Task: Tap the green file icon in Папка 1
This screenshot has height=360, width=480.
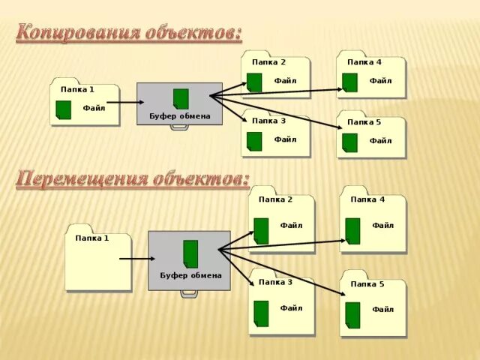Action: point(64,109)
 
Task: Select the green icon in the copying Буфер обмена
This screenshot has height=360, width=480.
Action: point(181,99)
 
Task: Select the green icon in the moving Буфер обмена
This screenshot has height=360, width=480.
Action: point(190,253)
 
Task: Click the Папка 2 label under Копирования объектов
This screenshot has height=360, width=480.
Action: point(268,62)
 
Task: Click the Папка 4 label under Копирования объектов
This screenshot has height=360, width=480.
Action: point(364,62)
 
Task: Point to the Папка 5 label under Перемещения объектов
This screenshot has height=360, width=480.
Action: point(367,284)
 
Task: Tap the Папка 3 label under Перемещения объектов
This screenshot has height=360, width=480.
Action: point(275,282)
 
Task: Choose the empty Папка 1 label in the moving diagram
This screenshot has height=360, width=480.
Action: point(92,238)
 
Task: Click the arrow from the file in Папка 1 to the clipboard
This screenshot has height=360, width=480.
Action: point(123,102)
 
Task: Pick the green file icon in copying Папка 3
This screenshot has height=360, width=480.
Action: point(254,141)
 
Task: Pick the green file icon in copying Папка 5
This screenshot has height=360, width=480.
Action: point(349,142)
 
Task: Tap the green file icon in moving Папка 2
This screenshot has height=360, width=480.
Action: point(261,230)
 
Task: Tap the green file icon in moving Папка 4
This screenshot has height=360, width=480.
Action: point(352,230)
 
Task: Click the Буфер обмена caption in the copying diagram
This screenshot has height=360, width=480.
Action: point(180,116)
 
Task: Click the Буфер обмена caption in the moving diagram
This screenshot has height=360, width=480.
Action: point(190,275)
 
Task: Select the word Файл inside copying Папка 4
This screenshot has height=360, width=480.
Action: point(380,81)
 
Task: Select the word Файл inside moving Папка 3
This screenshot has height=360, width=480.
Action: point(291,308)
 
